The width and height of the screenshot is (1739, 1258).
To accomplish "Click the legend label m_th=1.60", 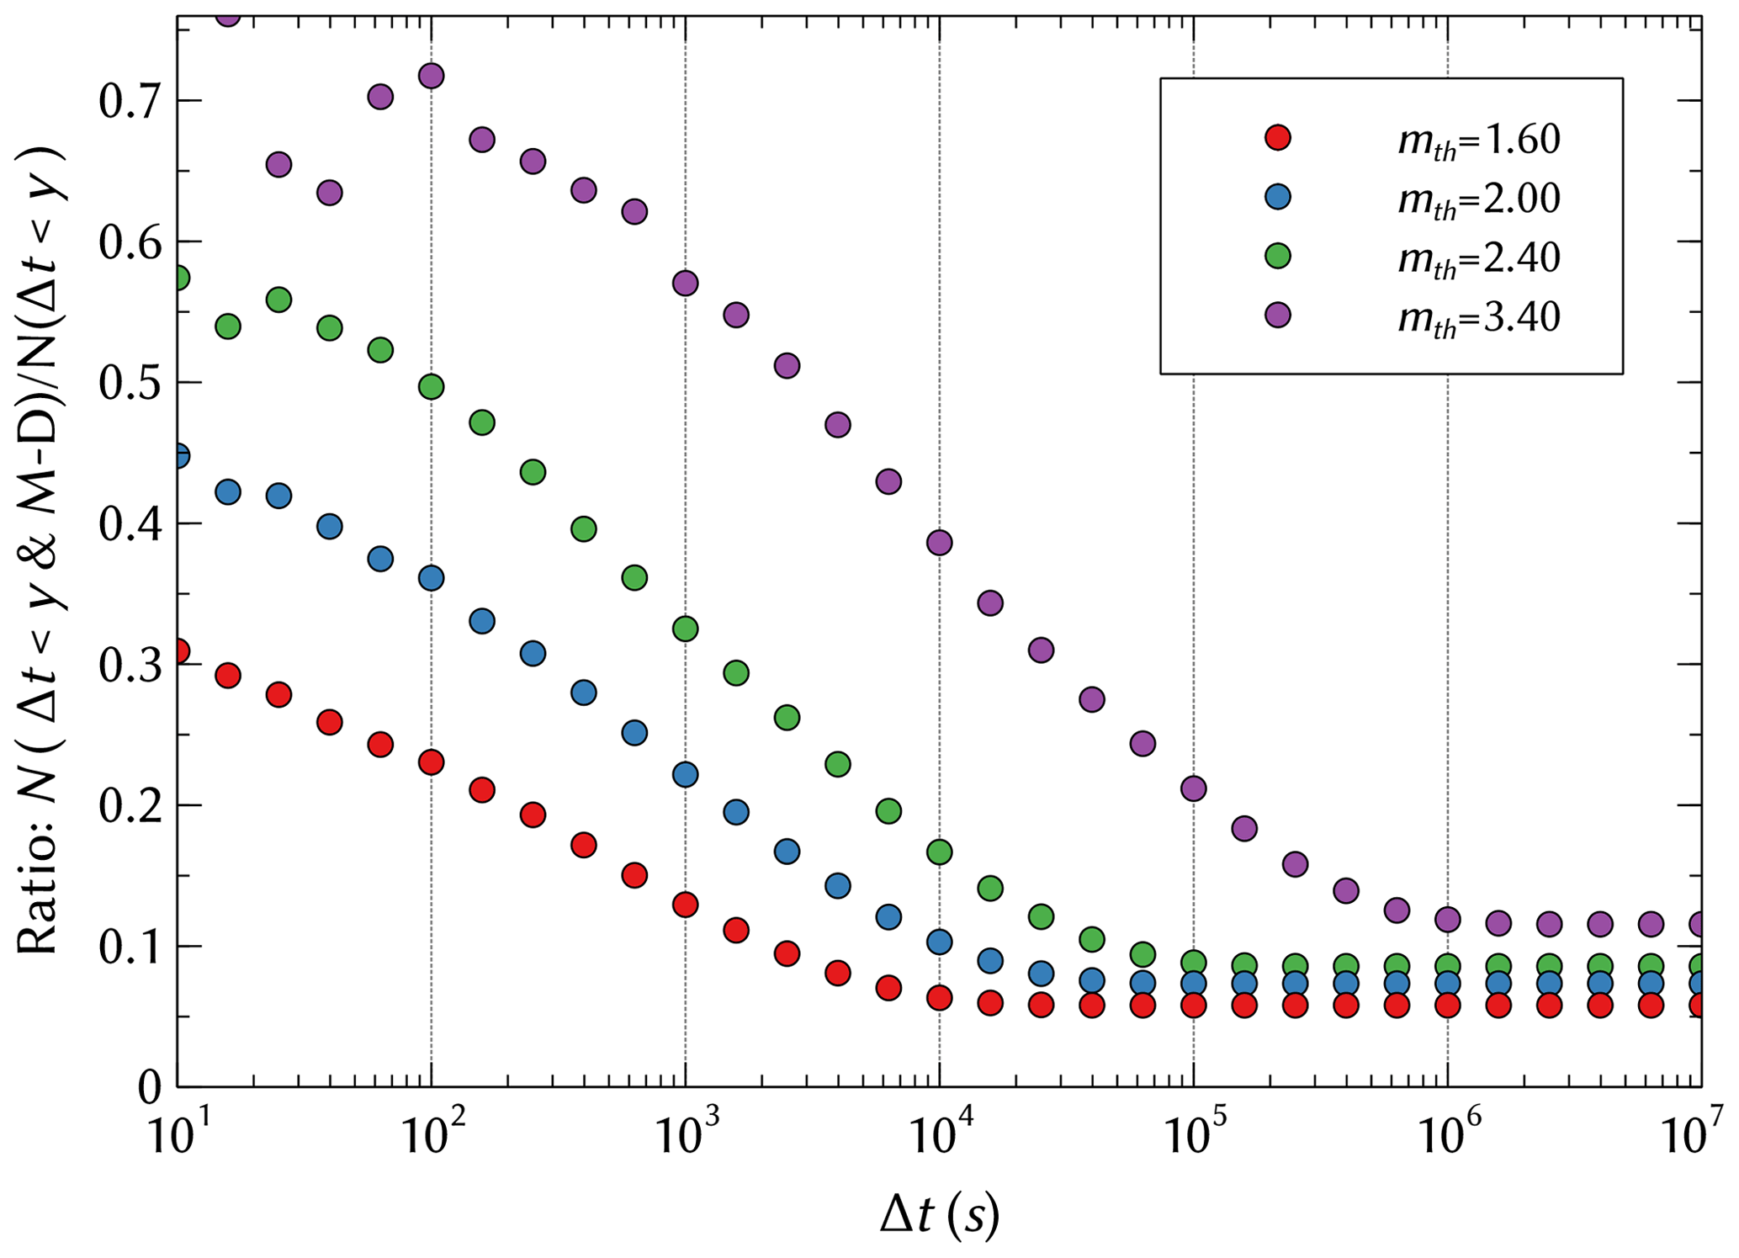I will (x=1478, y=140).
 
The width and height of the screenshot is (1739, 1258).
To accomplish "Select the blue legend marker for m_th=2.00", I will (x=1278, y=197).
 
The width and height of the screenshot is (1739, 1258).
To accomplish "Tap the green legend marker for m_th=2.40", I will (x=1278, y=256).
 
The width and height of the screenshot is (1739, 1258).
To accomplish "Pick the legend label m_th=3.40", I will (x=1478, y=317).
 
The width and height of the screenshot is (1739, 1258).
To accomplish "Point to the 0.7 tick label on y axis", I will (x=128, y=102).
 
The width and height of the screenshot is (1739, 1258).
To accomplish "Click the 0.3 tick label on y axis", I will (x=128, y=666).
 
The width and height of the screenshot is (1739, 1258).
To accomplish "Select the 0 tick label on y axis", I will (x=150, y=1087).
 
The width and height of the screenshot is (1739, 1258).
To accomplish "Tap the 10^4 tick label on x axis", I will (x=938, y=1137).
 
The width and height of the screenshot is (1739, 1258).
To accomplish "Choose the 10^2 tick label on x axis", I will (x=431, y=1137).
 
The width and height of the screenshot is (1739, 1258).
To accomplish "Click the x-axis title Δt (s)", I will (x=939, y=1215).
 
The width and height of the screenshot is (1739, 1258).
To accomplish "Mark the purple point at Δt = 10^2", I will (x=431, y=76).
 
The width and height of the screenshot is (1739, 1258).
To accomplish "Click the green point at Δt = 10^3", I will (x=686, y=629).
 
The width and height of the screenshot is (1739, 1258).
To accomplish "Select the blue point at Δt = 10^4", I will (x=939, y=942).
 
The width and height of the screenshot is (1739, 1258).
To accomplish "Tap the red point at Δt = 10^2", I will (x=431, y=762).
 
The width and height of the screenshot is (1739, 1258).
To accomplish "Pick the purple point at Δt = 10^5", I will (x=1193, y=788).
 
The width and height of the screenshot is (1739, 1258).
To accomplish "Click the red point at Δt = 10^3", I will (x=686, y=905).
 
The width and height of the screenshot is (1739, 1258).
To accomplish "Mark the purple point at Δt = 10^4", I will (x=939, y=543).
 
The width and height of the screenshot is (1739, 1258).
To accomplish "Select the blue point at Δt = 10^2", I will (x=431, y=578).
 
